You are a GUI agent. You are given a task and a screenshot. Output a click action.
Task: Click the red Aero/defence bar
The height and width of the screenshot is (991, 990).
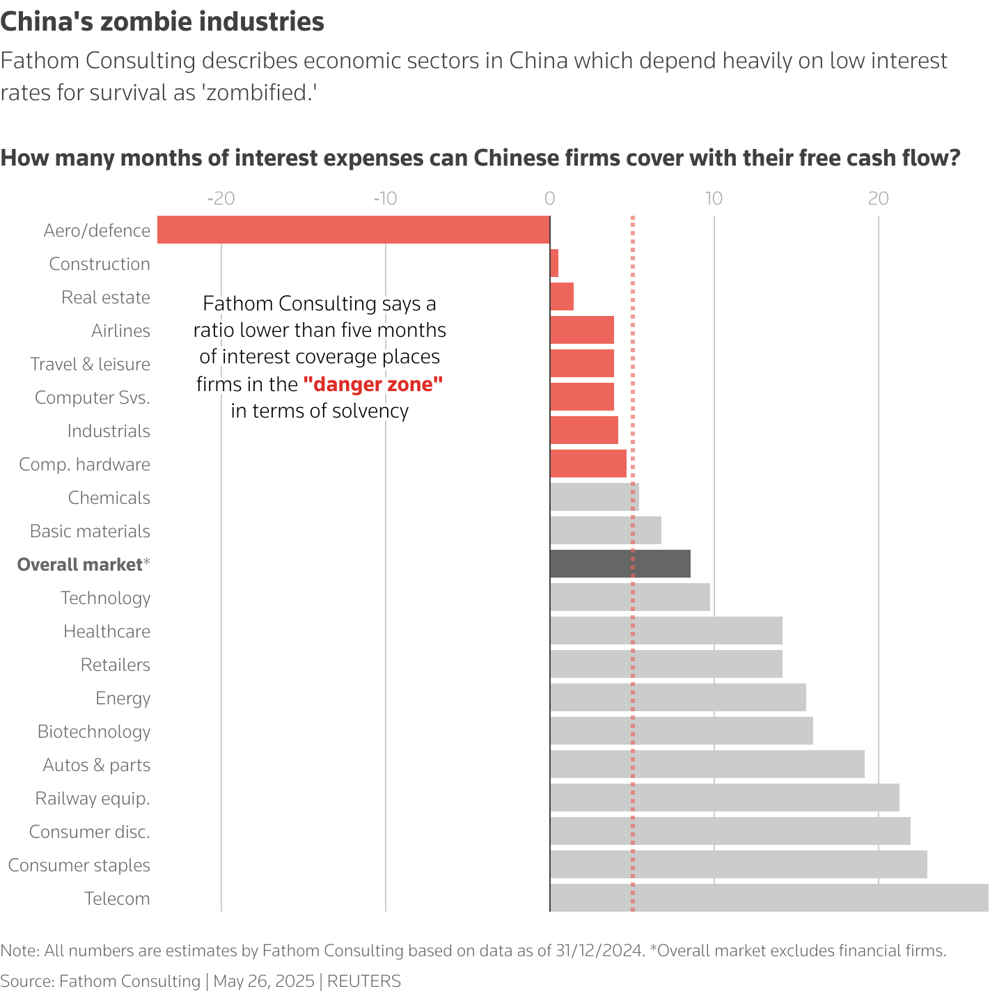354,230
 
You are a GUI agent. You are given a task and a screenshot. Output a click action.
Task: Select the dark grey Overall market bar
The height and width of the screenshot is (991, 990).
620,564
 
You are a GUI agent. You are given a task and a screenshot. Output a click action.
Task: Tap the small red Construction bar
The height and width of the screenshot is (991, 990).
554,263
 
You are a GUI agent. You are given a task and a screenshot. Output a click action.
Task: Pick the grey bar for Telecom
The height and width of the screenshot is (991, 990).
769,898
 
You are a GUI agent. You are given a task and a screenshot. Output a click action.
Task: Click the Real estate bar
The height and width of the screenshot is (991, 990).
562,296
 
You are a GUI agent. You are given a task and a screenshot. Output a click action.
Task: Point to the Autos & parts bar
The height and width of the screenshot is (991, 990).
707,764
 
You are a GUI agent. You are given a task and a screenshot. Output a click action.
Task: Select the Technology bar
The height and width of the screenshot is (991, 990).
630,597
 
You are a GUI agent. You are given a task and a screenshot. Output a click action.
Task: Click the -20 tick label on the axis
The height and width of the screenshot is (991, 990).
221,198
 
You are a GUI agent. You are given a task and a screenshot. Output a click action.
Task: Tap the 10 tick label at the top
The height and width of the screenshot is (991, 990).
714,198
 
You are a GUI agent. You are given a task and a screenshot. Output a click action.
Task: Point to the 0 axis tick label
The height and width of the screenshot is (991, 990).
549,198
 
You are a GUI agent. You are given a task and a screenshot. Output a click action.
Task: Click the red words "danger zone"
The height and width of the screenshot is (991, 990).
373,384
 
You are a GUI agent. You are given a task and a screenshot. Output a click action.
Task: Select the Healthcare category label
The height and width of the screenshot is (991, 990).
107,631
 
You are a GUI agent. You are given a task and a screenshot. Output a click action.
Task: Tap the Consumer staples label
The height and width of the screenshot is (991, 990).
79,865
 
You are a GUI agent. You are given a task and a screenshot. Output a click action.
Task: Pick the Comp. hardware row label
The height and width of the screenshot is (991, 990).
84,464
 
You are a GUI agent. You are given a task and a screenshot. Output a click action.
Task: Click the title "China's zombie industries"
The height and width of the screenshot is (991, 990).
162,22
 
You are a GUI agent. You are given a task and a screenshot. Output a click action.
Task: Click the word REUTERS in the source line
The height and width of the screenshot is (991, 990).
364,981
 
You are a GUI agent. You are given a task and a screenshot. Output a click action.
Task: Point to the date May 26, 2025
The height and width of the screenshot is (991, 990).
264,981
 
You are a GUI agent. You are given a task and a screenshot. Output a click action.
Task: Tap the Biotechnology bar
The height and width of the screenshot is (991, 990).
682,731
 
